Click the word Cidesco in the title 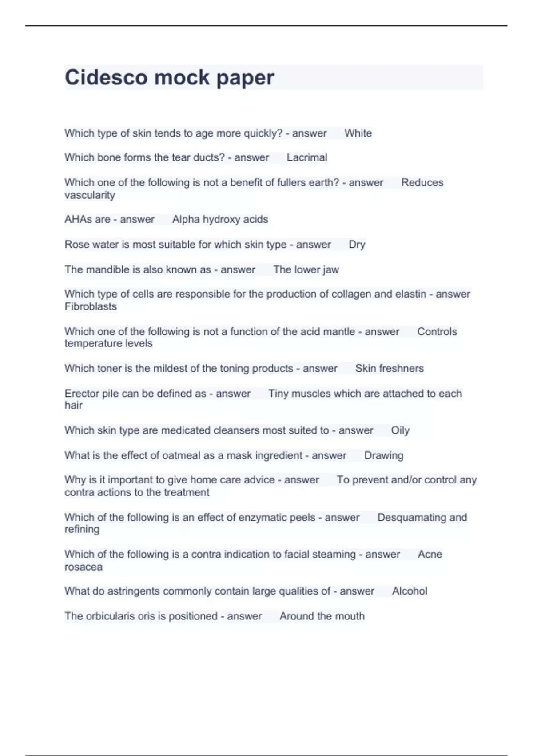coord(106,77)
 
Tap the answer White coord(358,133)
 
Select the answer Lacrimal coord(307,157)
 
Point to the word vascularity coord(90,195)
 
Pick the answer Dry coord(357,245)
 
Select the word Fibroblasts coord(91,306)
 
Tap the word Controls coord(437,331)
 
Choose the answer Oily coord(400,430)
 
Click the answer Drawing coord(384,455)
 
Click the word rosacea coord(84,567)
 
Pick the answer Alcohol coord(410,591)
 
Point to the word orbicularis coord(112,616)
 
